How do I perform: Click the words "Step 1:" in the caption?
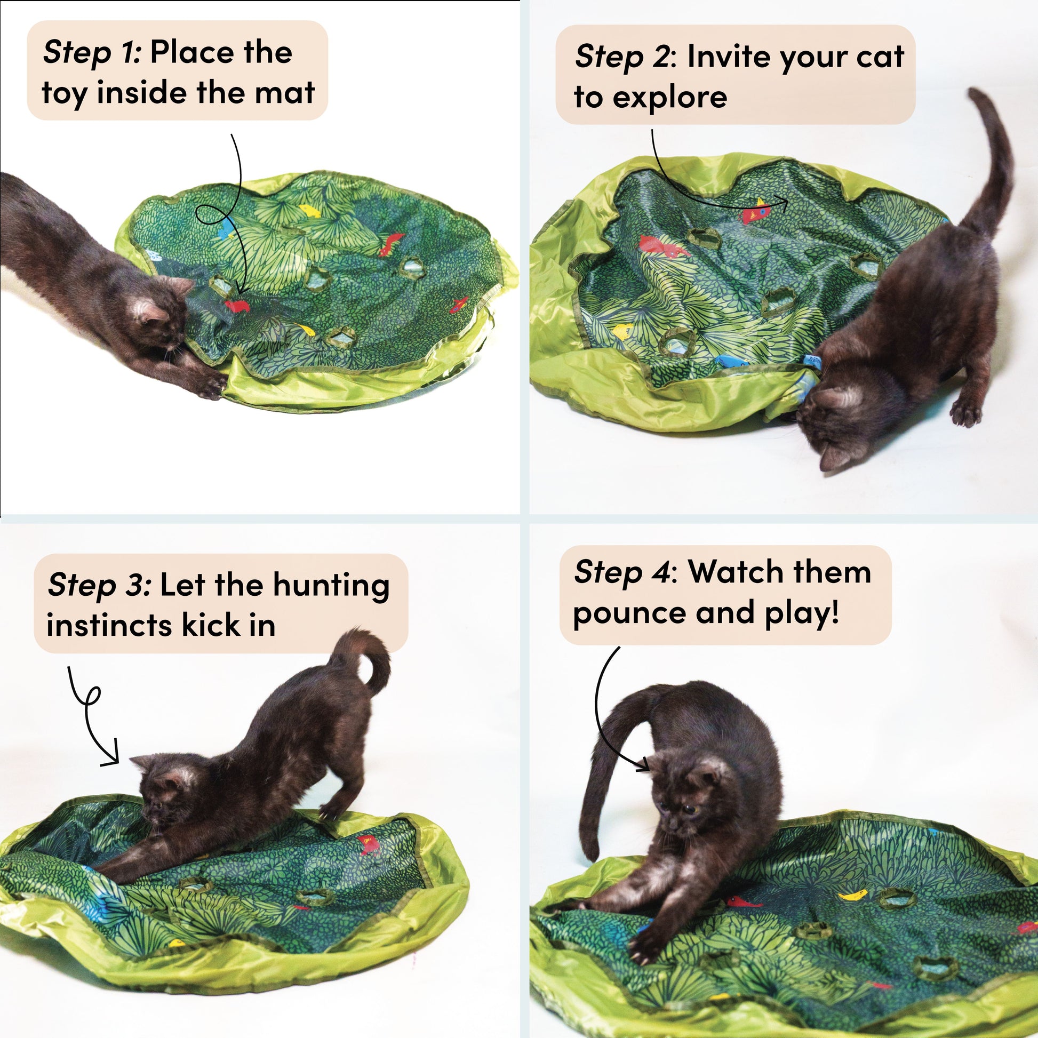click(x=92, y=53)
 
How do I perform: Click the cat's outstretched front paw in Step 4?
click(x=642, y=952)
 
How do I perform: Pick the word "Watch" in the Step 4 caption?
click(x=726, y=572)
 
